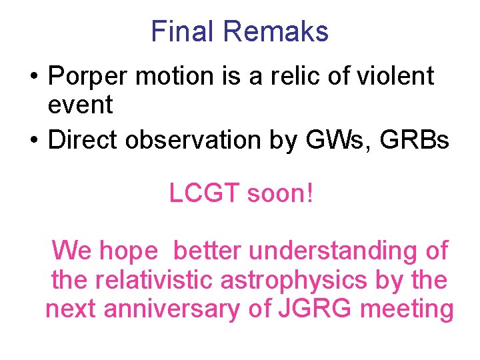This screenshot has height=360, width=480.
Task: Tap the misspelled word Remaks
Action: [x=276, y=32]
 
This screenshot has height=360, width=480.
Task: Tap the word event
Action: [x=81, y=105]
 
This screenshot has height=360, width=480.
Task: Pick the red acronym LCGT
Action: [x=204, y=194]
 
